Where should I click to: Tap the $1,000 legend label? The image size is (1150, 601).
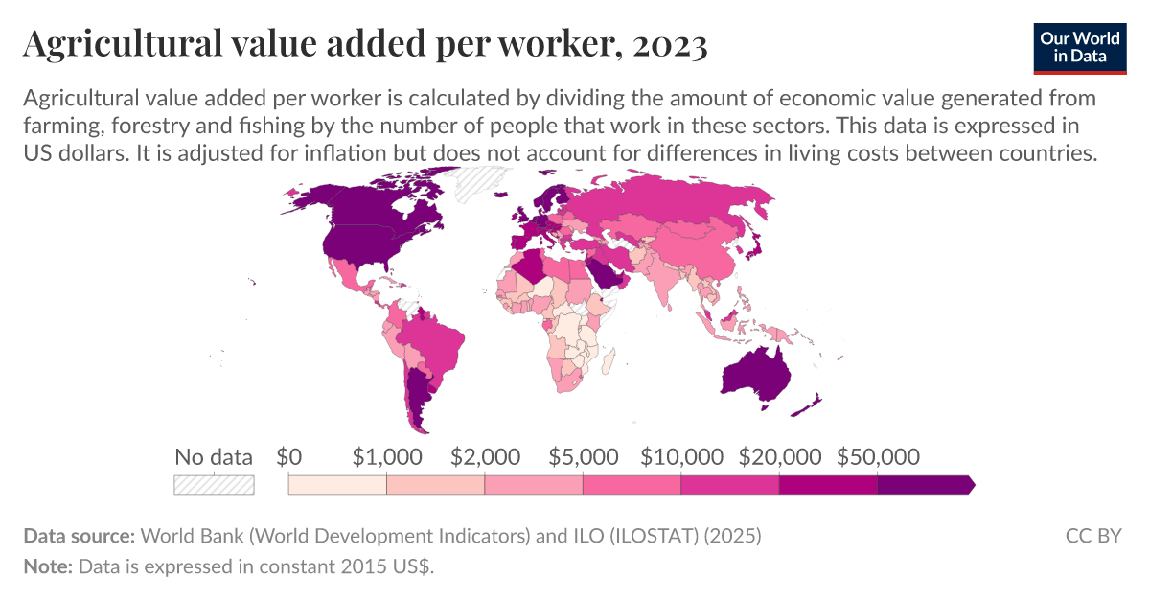point(386,456)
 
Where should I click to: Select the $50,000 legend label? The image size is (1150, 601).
point(878,456)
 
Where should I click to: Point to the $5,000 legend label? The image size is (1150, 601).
point(583,456)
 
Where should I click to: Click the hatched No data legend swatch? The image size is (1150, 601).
point(214,485)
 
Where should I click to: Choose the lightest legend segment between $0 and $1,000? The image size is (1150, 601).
point(337,485)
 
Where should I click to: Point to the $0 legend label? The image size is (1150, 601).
point(288,456)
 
